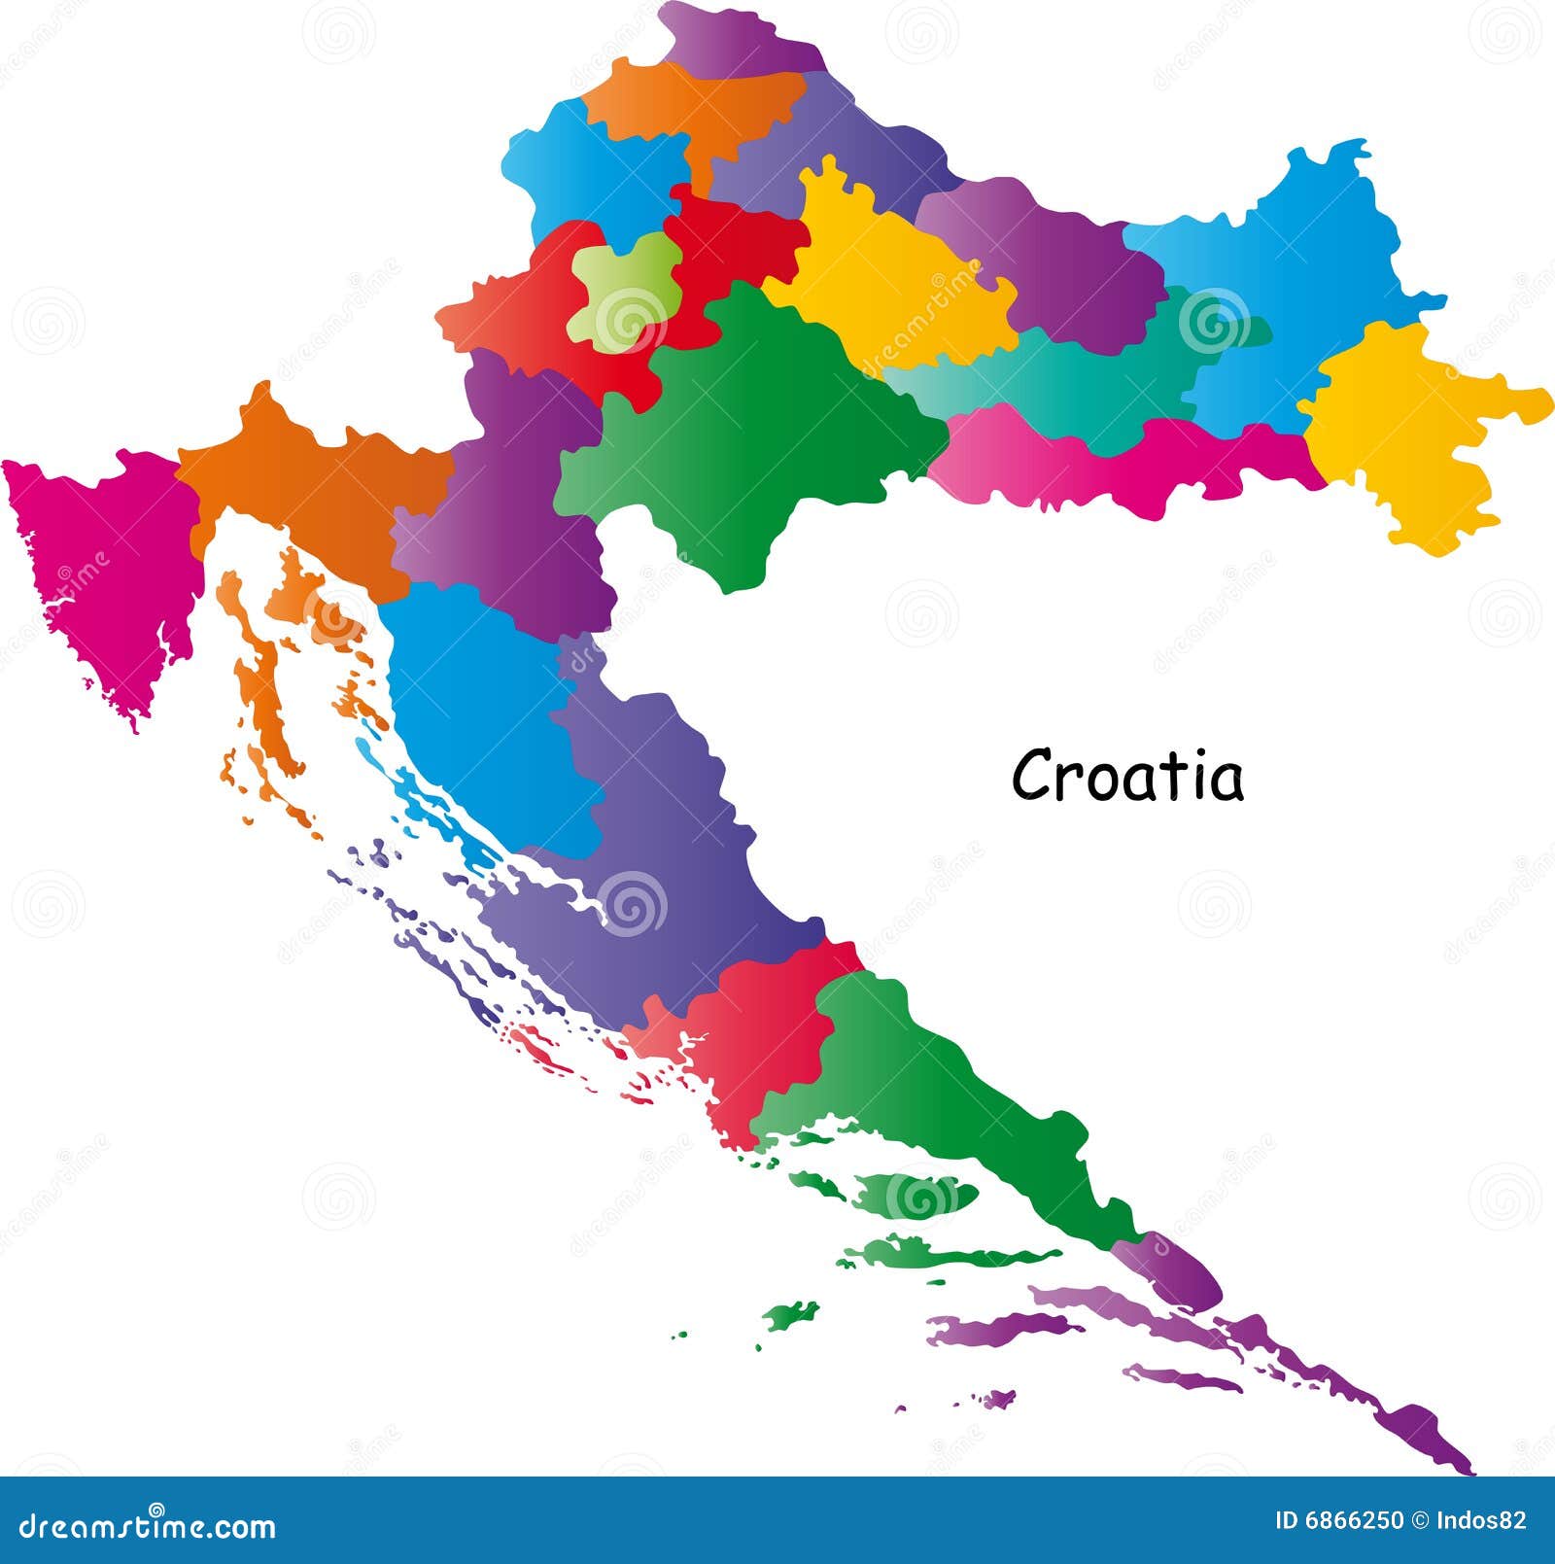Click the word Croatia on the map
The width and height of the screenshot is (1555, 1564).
1127,776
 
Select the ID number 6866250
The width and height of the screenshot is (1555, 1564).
1338,1520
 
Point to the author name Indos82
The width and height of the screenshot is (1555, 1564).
1486,1520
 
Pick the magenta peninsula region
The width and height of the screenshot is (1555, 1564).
107,573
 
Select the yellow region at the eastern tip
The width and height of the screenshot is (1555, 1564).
1409,437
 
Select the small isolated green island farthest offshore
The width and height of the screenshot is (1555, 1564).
789,1316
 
